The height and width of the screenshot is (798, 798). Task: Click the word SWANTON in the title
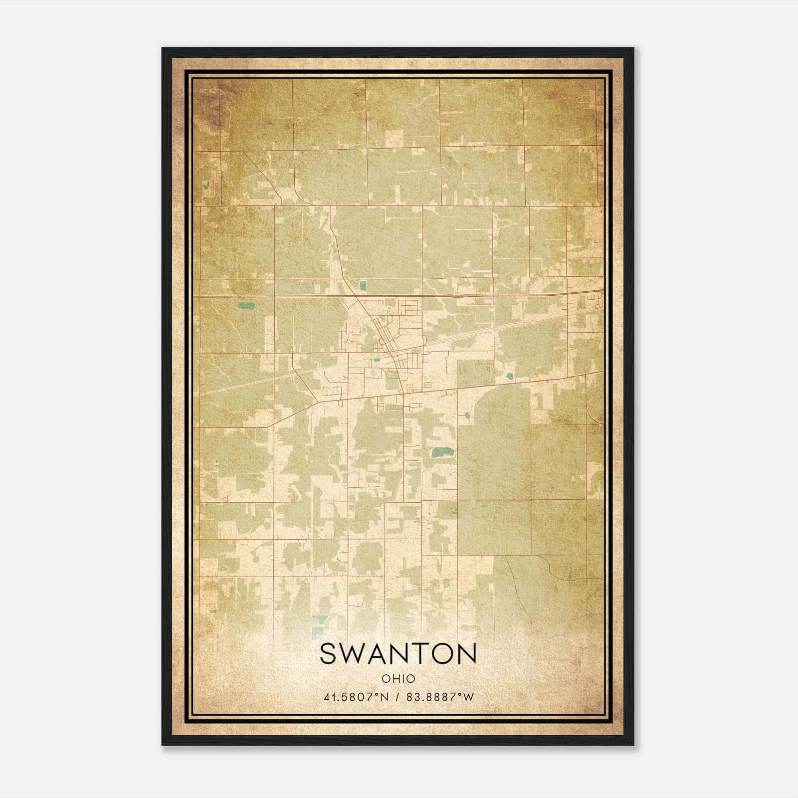coord(398,653)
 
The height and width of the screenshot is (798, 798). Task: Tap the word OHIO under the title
coord(398,679)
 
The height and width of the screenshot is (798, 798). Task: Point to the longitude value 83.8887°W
coord(440,697)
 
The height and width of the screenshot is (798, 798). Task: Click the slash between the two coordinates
coord(397,697)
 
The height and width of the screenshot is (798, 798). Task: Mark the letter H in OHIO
coord(394,679)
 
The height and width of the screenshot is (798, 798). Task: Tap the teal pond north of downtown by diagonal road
coord(363,286)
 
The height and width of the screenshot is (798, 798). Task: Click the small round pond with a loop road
coord(467,414)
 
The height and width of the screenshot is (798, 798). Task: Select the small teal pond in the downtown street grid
coord(378,359)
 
